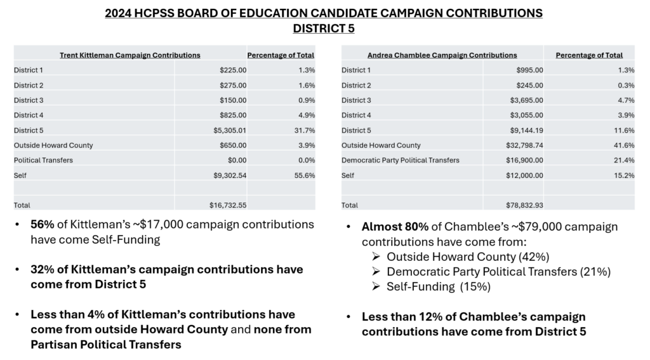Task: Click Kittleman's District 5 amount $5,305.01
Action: pos(230,130)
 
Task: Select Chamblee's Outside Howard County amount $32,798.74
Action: pos(524,145)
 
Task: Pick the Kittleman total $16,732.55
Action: pos(228,205)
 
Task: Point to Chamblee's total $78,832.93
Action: pos(524,205)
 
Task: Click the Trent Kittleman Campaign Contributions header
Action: pos(129,55)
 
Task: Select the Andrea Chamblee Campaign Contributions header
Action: pos(442,55)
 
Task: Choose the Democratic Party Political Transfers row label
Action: pos(401,160)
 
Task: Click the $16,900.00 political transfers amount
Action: pos(524,160)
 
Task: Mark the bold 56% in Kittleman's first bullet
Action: pos(43,224)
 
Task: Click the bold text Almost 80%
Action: pos(395,227)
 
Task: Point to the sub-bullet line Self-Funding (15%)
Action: pos(439,286)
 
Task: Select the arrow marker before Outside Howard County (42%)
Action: pos(376,257)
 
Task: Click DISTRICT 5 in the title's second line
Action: pos(324,28)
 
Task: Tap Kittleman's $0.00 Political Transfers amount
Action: pos(237,160)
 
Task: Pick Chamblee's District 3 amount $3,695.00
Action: pos(526,100)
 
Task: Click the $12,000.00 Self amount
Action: pos(524,175)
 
